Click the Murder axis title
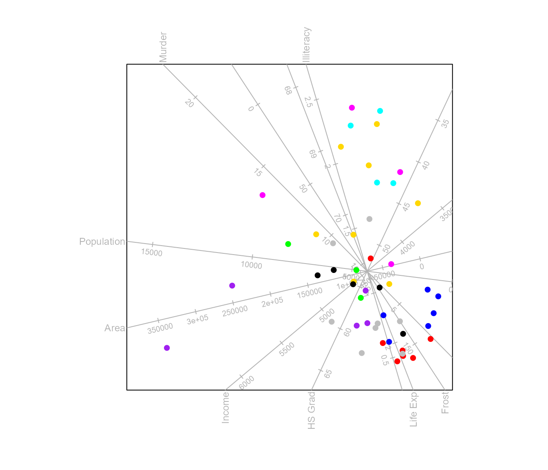coord(163,47)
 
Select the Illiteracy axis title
coord(307,44)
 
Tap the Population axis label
coord(102,242)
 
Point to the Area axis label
coord(115,328)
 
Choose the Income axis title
coord(225,408)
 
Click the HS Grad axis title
coord(312,410)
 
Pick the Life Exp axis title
coord(413,410)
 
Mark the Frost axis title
coord(445,403)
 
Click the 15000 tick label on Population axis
coord(152,253)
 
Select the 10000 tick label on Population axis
coord(251,265)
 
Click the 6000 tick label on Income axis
coord(246,383)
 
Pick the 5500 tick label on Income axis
coord(287,349)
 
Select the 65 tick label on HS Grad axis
coord(328,374)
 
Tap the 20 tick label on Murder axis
coord(189,103)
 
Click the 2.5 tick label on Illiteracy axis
coord(309,102)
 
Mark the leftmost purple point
coord(167,348)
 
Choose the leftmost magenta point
coord(263,195)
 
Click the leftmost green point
coord(288,244)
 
